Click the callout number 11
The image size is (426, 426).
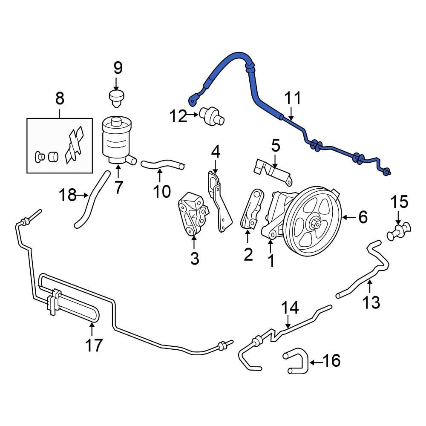(x=293, y=98)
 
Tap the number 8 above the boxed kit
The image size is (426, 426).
(x=60, y=99)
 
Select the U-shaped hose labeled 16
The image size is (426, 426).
(x=296, y=363)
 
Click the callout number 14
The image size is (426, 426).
(x=290, y=308)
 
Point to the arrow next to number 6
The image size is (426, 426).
(x=349, y=218)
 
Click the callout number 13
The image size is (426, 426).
(x=371, y=302)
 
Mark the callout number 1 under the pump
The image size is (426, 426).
(x=271, y=260)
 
